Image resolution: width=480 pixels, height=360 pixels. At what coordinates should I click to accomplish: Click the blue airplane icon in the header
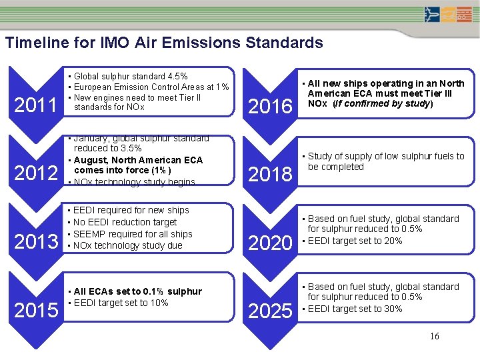click(432, 14)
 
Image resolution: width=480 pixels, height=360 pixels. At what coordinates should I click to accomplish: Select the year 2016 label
click(270, 106)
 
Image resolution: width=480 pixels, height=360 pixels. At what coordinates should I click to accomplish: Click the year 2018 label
click(270, 174)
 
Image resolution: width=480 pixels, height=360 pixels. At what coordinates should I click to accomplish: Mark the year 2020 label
click(270, 243)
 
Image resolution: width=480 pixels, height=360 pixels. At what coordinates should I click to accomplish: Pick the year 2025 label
click(270, 311)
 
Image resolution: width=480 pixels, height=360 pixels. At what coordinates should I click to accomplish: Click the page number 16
click(434, 336)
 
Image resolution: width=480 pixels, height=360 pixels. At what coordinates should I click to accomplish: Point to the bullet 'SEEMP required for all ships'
click(133, 234)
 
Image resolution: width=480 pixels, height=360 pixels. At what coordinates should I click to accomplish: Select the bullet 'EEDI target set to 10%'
click(121, 303)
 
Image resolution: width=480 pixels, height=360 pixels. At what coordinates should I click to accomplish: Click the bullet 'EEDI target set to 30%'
click(354, 309)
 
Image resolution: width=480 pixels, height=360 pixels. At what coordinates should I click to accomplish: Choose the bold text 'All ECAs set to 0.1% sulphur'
click(137, 291)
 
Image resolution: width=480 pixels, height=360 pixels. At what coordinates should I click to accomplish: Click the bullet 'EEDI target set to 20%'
click(354, 241)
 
